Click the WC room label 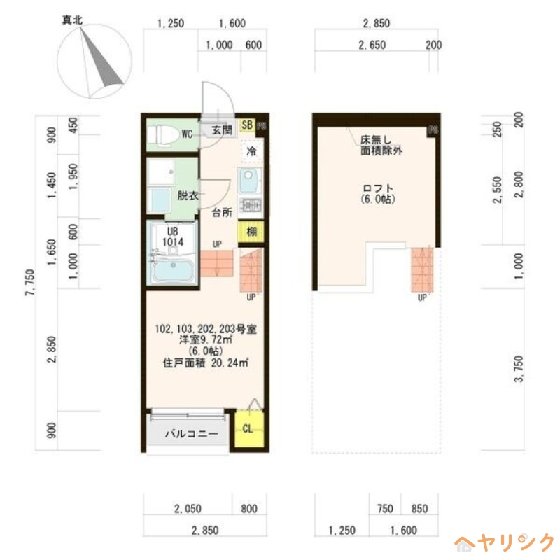pyautogui.click(x=187, y=134)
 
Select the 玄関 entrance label pyautogui.click(x=222, y=129)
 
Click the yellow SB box pyautogui.click(x=246, y=125)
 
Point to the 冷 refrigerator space pyautogui.click(x=250, y=150)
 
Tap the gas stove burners pyautogui.click(x=250, y=205)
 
